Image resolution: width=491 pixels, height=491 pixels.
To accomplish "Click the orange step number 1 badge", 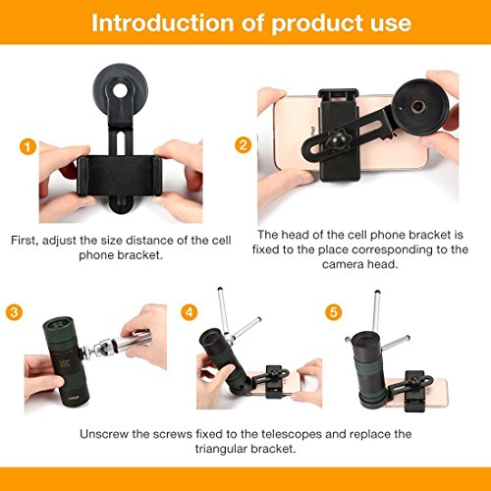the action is pyautogui.click(x=27, y=147).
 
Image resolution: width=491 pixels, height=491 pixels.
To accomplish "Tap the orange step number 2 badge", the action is pyautogui.click(x=244, y=145).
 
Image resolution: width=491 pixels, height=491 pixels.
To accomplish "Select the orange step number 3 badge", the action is pyautogui.click(x=14, y=312).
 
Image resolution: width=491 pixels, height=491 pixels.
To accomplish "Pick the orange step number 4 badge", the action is pyautogui.click(x=190, y=312).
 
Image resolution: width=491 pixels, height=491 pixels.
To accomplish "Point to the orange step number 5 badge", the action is pyautogui.click(x=334, y=312).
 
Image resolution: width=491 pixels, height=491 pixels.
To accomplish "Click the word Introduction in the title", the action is pyautogui.click(x=162, y=23).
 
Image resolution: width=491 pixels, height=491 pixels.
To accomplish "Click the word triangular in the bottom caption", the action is pyautogui.click(x=220, y=449).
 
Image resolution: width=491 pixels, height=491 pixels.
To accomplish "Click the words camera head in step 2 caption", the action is pyautogui.click(x=360, y=264).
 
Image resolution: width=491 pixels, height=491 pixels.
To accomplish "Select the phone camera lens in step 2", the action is pyautogui.click(x=418, y=106).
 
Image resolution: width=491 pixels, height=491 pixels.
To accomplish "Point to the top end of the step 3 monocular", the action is pyautogui.click(x=58, y=324).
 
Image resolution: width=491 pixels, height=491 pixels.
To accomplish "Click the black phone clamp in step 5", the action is pyautogui.click(x=415, y=391).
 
